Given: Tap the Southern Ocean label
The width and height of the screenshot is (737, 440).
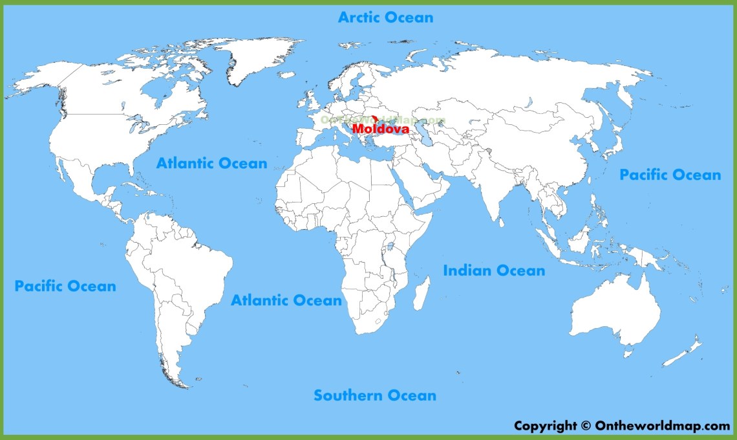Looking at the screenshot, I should pos(375,395).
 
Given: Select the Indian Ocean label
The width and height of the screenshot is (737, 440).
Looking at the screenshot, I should pos(494,270).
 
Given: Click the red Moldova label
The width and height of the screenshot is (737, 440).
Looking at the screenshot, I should pos(381,129).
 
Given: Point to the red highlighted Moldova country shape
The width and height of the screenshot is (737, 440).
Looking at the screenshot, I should pos(374,118).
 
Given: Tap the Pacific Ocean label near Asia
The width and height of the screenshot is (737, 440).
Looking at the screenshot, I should pos(670,175).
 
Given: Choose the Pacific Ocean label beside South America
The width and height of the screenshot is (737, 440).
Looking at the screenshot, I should pos(65,285).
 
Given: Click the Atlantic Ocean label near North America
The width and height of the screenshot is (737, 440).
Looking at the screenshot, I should pos(211,163).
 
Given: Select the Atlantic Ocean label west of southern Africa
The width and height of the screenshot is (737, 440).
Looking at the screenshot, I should pos(286,300).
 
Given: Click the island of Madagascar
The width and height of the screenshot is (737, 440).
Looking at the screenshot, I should pos(421,293).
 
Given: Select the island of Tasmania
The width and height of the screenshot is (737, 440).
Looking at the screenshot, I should pos(627,353).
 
